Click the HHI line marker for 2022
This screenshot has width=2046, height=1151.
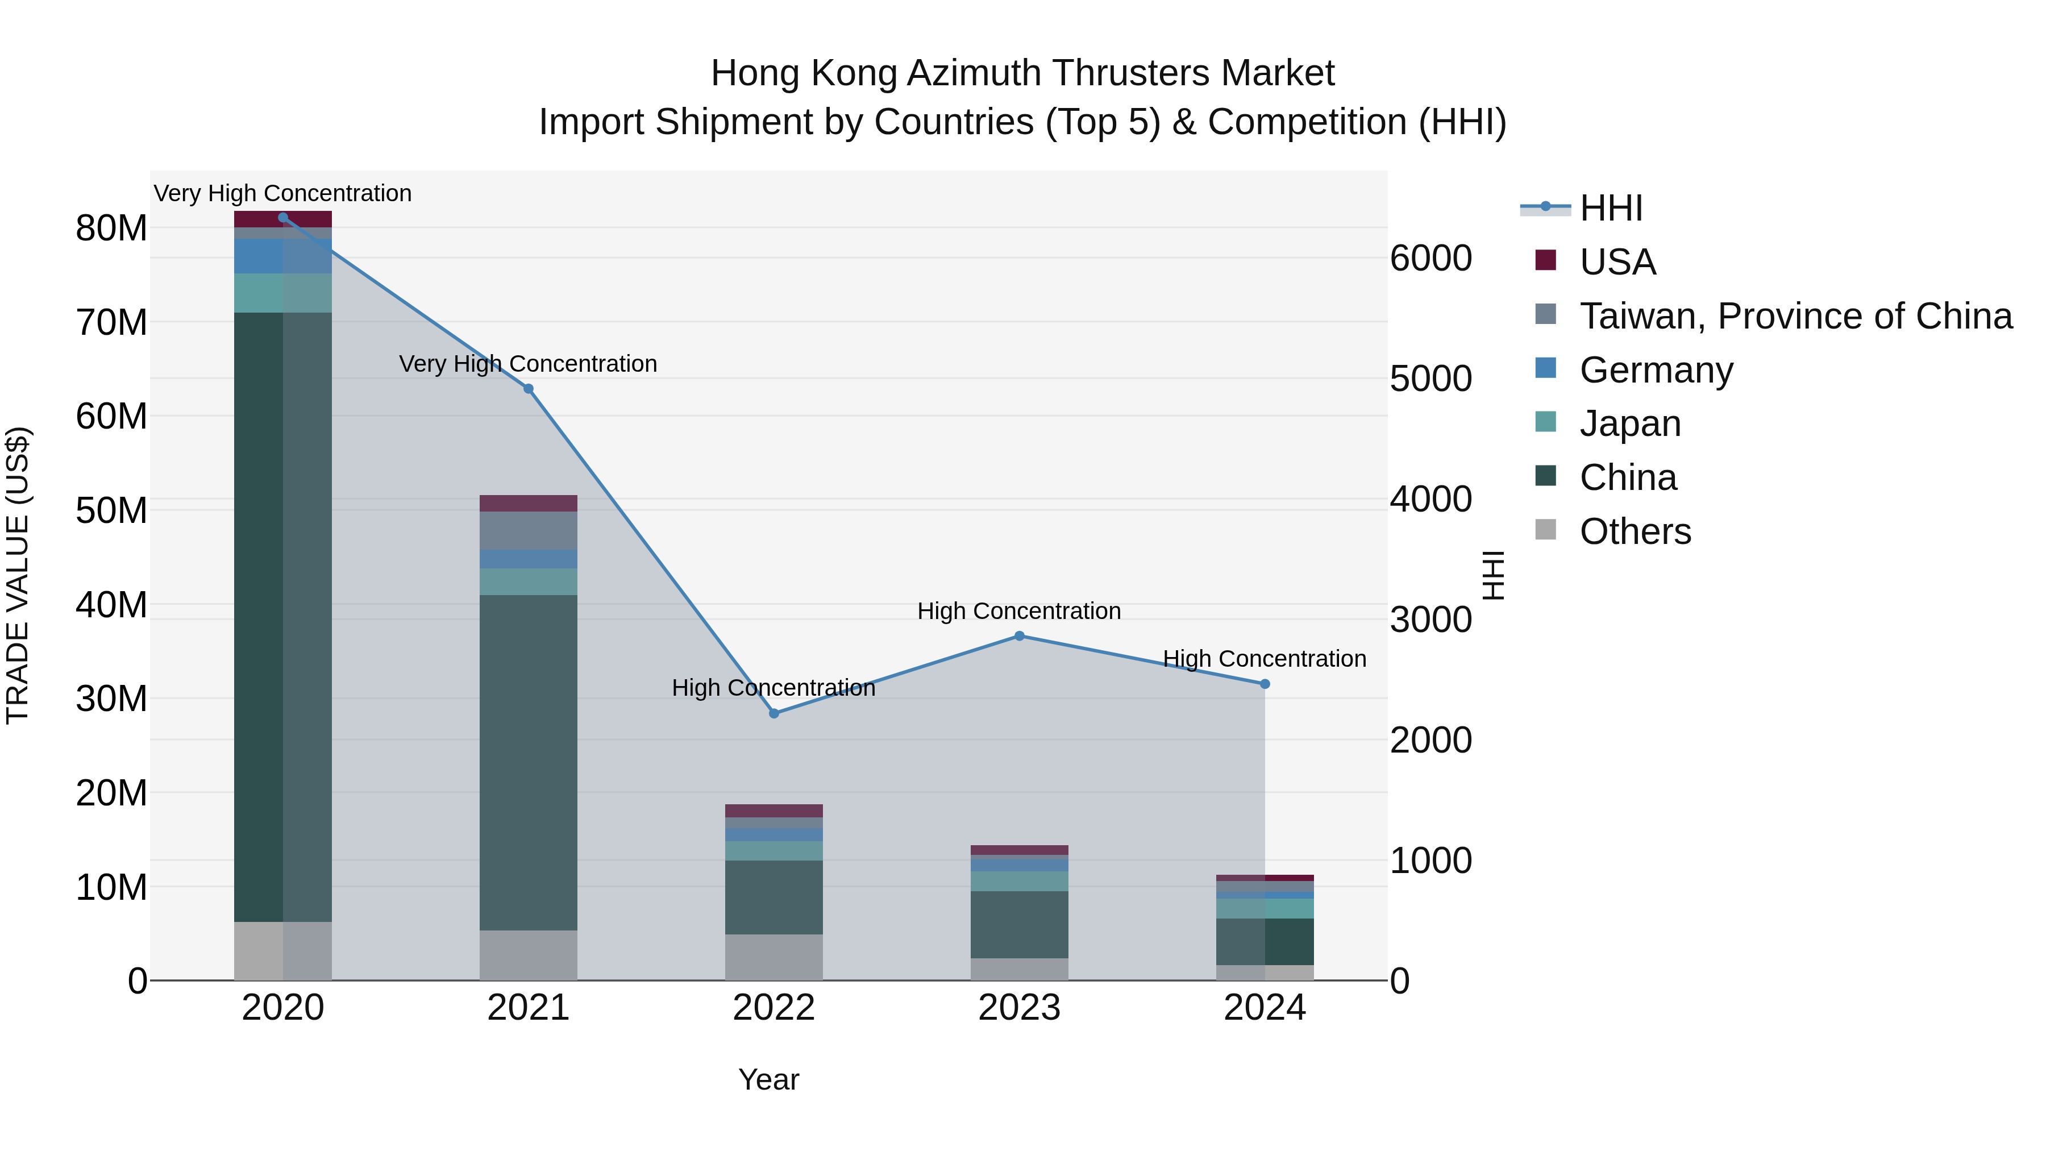pyautogui.click(x=774, y=713)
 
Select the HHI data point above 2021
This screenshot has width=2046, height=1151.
pyautogui.click(x=528, y=388)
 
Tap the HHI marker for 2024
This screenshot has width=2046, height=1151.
pyautogui.click(x=1265, y=684)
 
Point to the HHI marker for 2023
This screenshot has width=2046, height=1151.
pyautogui.click(x=1019, y=635)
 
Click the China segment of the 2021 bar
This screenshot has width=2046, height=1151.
pyautogui.click(x=528, y=763)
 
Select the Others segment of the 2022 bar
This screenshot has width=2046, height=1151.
pyautogui.click(x=774, y=957)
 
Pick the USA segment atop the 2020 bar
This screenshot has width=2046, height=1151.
pyautogui.click(x=283, y=219)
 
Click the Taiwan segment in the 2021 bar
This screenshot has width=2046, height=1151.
pyautogui.click(x=528, y=531)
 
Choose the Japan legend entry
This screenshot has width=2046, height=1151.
pyautogui.click(x=1630, y=423)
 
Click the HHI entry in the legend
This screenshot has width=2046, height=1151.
pyautogui.click(x=1610, y=208)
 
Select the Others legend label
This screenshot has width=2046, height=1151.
pyautogui.click(x=1635, y=531)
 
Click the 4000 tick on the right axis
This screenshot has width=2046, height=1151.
pyautogui.click(x=1430, y=499)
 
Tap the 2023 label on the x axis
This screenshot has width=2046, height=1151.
pyautogui.click(x=1019, y=1008)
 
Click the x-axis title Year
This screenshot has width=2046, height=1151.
pyautogui.click(x=768, y=1079)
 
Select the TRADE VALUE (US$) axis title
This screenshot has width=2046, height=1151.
pyautogui.click(x=18, y=575)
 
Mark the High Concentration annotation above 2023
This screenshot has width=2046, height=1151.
pyautogui.click(x=1019, y=611)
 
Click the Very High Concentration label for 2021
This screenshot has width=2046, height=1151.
pyautogui.click(x=528, y=364)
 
